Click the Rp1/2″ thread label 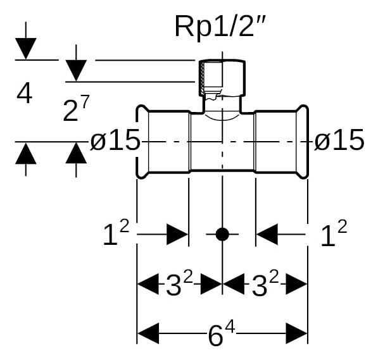click(x=220, y=27)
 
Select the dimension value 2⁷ click(x=76, y=108)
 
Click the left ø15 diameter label click(x=115, y=140)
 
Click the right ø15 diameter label click(x=339, y=140)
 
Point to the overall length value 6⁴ click(x=222, y=334)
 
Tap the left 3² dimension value click(x=180, y=283)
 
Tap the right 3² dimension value click(x=265, y=283)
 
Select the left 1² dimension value click(x=117, y=233)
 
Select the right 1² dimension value click(x=334, y=233)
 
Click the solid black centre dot click(x=222, y=234)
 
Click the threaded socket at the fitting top click(x=222, y=78)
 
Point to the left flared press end click(x=142, y=142)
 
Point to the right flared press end click(x=302, y=142)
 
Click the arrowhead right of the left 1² click(x=177, y=234)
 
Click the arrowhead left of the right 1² click(x=267, y=234)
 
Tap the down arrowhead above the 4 click(x=26, y=49)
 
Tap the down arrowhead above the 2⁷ click(x=76, y=71)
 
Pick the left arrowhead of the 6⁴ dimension click(x=148, y=333)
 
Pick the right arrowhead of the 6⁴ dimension click(x=297, y=333)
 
